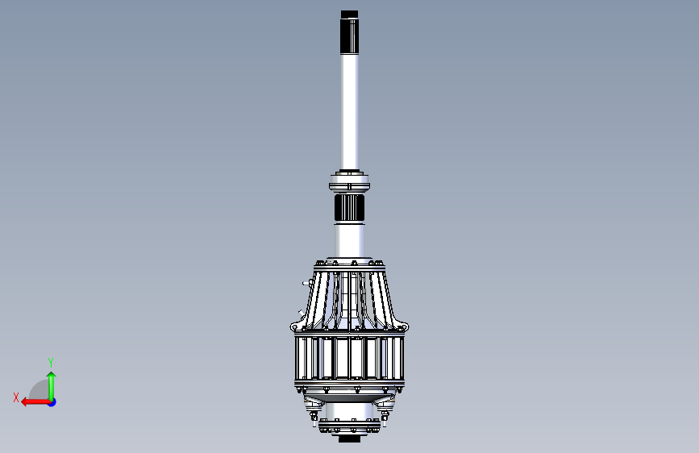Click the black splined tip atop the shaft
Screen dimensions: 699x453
pyautogui.click(x=349, y=32)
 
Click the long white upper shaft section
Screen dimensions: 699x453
pyautogui.click(x=349, y=112)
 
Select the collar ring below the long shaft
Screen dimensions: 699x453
pyautogui.click(x=350, y=182)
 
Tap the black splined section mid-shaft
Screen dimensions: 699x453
pyautogui.click(x=350, y=207)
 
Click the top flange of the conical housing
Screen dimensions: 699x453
pyautogui.click(x=350, y=264)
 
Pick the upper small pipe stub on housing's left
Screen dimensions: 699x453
pyautogui.click(x=307, y=283)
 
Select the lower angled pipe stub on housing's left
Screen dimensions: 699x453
pyautogui.click(x=301, y=314)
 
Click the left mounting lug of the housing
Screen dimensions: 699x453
pyautogui.click(x=296, y=326)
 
